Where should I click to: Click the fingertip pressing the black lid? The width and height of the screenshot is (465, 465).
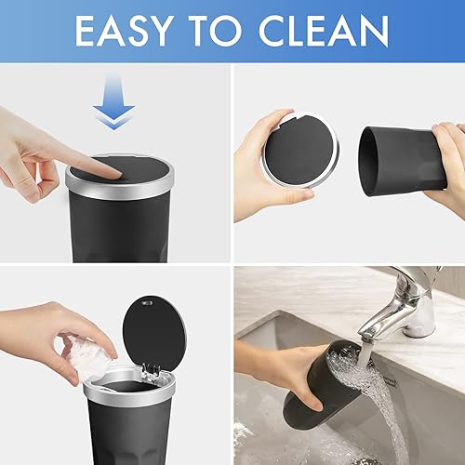click(110, 170)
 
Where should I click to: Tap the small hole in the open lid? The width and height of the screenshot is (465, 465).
click(142, 302)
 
